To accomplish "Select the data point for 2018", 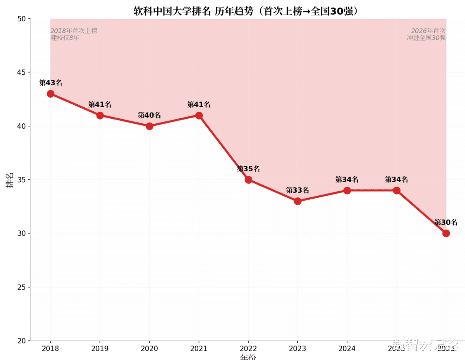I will pyautogui.click(x=51, y=94).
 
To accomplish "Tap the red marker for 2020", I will pyautogui.click(x=149, y=126).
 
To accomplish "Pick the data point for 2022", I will pyautogui.click(x=248, y=180).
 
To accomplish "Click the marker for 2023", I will pyautogui.click(x=298, y=201).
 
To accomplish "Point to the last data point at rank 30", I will pyautogui.click(x=446, y=234).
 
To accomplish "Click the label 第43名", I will pyautogui.click(x=51, y=83).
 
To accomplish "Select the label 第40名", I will pyautogui.click(x=149, y=115).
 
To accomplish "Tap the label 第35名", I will pyautogui.click(x=248, y=169).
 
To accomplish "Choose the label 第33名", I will pyautogui.click(x=298, y=190).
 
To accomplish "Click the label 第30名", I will pyautogui.click(x=446, y=223).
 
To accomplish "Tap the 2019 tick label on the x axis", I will pyautogui.click(x=100, y=349).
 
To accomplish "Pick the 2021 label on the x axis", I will pyautogui.click(x=199, y=349).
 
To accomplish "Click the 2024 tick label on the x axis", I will pyautogui.click(x=347, y=349).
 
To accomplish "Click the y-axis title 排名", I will pyautogui.click(x=10, y=180).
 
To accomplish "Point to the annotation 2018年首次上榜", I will pyautogui.click(x=74, y=31).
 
